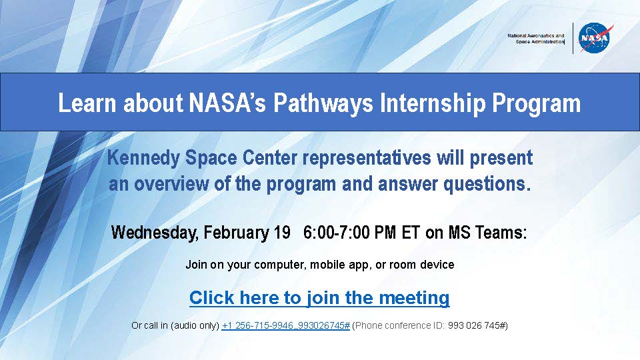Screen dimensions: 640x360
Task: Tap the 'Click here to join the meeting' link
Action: click(319, 298)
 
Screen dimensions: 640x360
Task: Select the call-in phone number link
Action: click(286, 326)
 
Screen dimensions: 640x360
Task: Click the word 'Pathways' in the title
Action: click(323, 103)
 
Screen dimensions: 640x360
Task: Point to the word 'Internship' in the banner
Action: click(432, 103)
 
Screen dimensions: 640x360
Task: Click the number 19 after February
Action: click(281, 233)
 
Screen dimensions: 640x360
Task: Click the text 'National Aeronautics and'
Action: click(535, 35)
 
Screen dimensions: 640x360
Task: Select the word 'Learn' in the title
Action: click(87, 103)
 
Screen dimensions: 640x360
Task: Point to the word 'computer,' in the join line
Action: click(280, 265)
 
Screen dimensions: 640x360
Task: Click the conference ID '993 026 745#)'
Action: click(478, 326)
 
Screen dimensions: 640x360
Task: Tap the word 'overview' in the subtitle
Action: click(171, 185)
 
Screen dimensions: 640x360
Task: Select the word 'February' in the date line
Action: click(236, 233)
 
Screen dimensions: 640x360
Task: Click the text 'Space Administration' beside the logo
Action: click(539, 41)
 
